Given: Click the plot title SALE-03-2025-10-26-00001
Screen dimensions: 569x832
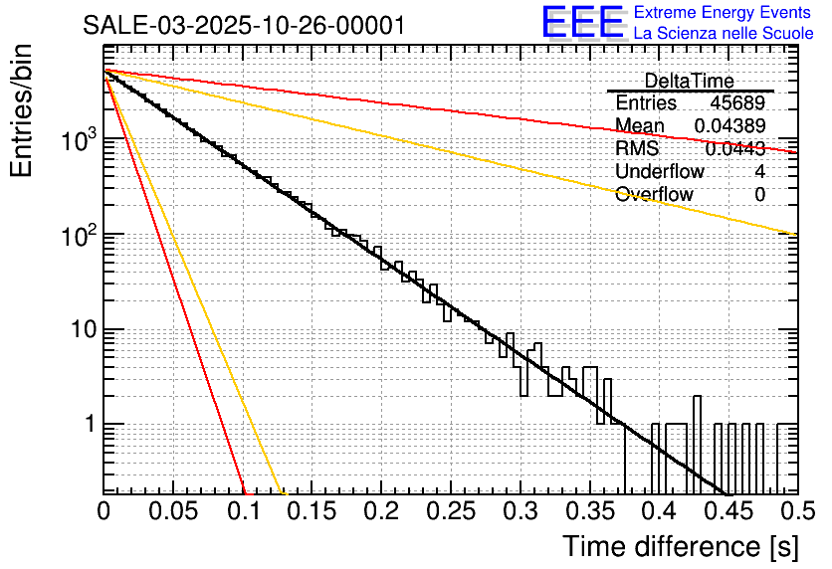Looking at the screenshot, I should point(244,25).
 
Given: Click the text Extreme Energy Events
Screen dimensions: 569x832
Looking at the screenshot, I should point(723,13).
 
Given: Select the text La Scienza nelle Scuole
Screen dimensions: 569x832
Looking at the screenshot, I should point(723,33).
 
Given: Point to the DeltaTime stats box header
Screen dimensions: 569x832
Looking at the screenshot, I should point(690,81).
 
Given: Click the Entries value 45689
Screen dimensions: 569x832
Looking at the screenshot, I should point(737,103).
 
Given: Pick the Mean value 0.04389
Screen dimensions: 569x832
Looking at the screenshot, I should point(729,125).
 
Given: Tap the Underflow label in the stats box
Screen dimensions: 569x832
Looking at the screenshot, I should point(660,171).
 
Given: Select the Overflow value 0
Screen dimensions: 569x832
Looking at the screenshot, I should point(759,194).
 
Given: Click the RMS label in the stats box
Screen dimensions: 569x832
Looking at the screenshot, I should point(637,148).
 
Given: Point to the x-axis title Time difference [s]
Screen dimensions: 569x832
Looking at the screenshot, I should point(681,546).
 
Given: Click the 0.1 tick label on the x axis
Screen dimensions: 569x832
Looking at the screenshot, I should point(243,512).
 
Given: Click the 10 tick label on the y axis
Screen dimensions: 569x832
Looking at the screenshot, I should point(84,329).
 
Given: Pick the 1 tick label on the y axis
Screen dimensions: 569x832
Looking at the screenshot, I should point(90,424).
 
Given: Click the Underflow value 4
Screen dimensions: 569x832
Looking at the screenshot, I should point(759,171).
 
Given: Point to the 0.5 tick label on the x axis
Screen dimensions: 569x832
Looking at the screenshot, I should point(793,512).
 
